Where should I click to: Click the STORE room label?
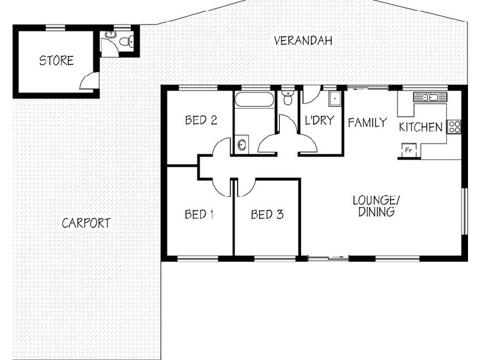[56, 61]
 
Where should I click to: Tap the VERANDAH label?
[303, 41]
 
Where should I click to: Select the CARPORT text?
[86, 223]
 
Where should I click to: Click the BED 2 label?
[200, 120]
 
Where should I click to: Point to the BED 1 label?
[199, 214]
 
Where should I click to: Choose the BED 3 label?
[267, 214]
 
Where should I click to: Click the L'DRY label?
[319, 120]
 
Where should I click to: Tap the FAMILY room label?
[367, 122]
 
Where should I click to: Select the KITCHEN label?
[421, 127]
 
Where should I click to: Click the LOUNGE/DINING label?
[376, 205]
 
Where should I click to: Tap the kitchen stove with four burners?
[454, 127]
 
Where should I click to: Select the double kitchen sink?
[430, 97]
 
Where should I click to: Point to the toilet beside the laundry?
[287, 98]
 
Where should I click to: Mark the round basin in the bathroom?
[241, 144]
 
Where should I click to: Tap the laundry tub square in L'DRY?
[334, 100]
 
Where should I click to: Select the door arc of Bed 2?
[221, 148]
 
